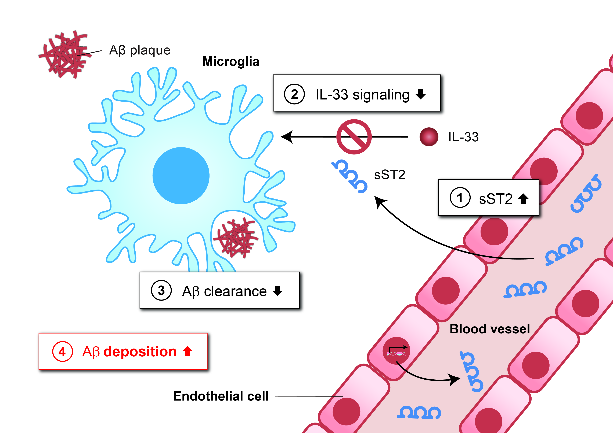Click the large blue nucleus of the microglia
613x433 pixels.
coord(181,176)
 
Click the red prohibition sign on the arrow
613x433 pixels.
coord(354,137)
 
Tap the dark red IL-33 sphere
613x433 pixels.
coord(429,137)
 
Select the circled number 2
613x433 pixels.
coord(294,94)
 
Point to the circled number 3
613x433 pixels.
coord(161,291)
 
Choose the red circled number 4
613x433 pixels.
coord(62,351)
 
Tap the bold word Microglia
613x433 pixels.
coord(231,62)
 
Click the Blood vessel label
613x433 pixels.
coord(490,329)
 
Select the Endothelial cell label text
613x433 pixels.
coord(221,396)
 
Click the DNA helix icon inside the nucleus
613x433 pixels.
coord(396,354)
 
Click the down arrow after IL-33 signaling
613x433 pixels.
coord(421,94)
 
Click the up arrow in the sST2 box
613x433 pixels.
coord(523,199)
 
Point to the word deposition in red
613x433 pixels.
coord(140,351)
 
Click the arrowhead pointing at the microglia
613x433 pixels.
coord(287,137)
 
